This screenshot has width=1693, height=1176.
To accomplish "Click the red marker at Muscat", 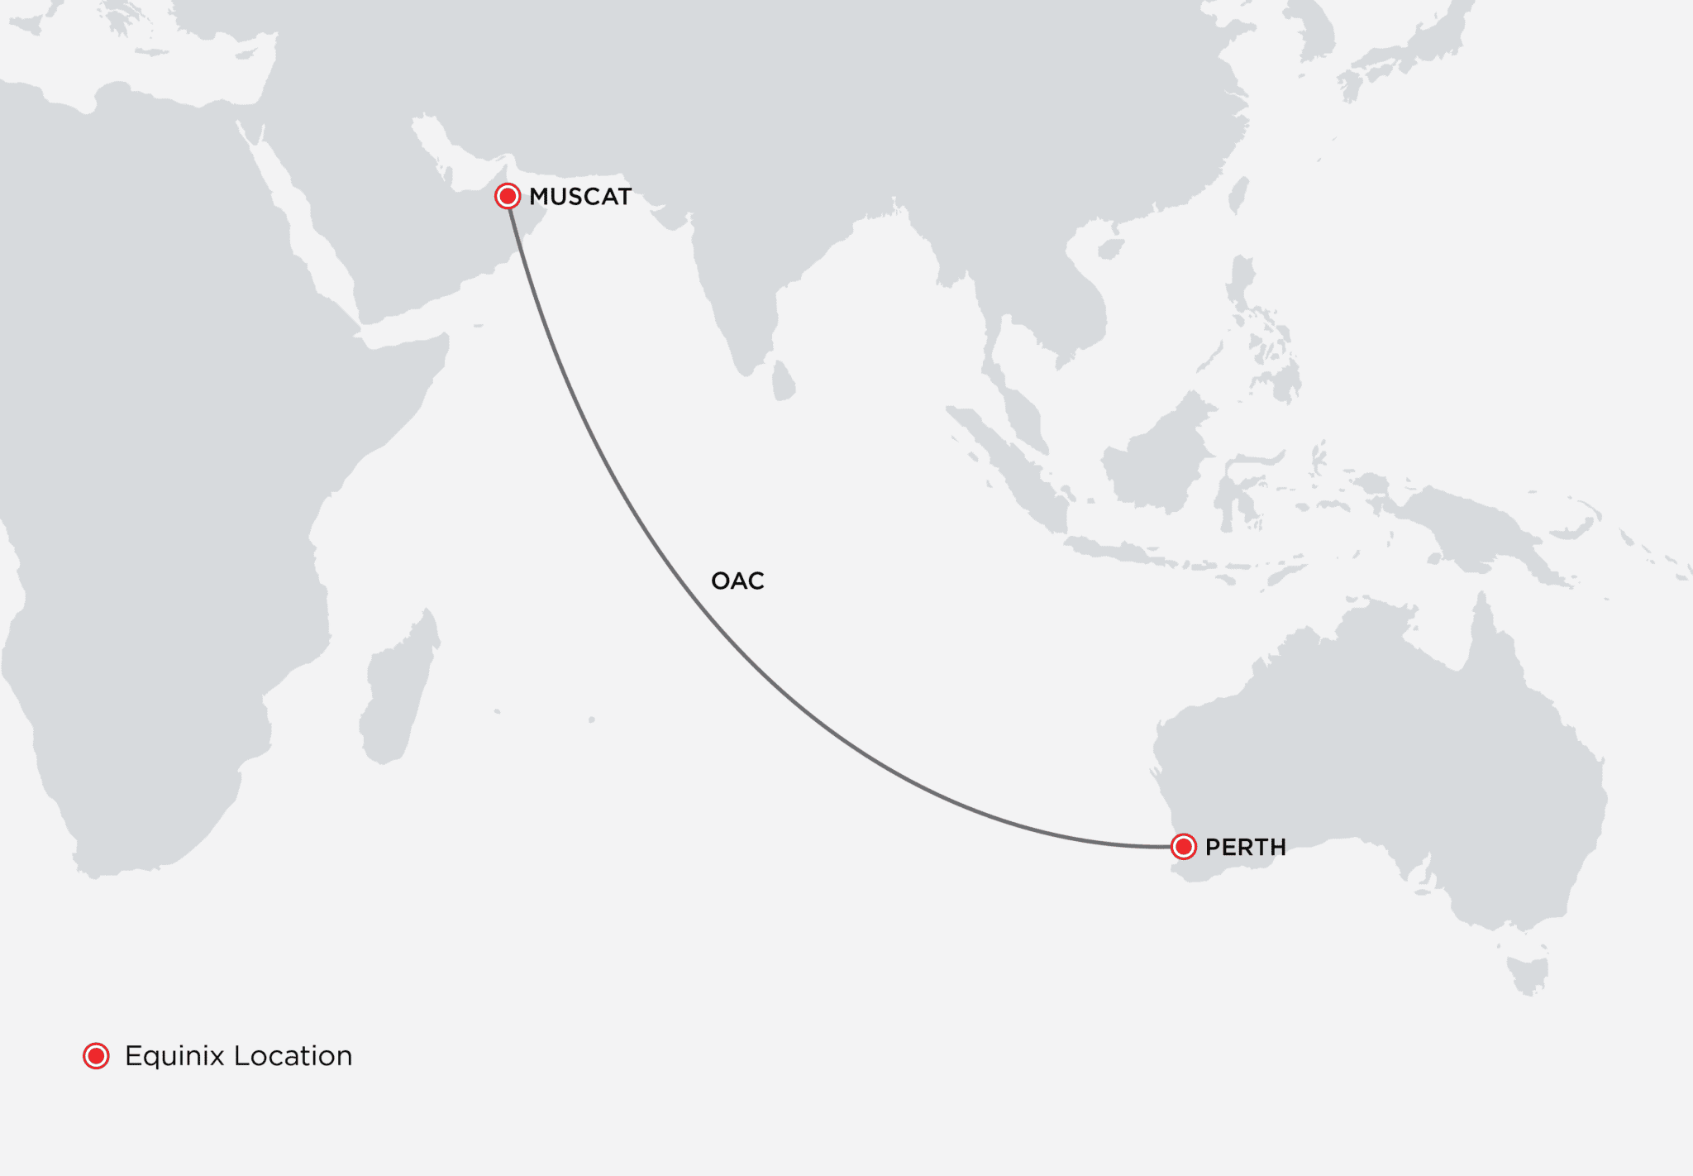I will tap(507, 196).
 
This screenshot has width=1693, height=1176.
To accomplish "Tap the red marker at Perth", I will tap(1184, 847).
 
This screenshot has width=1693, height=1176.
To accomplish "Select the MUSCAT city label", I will tap(580, 197).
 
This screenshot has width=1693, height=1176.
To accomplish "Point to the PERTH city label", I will tap(1245, 848).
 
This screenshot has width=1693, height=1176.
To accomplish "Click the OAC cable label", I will tap(737, 581).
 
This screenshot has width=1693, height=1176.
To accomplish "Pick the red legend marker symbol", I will tap(96, 1056).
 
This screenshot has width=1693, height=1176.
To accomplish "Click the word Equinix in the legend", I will tap(174, 1057).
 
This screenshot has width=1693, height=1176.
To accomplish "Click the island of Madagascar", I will tap(397, 695).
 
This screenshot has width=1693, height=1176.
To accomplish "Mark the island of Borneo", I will tap(1157, 463).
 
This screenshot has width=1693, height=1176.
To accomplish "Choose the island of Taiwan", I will tap(1238, 194).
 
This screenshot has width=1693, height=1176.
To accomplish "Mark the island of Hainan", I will tap(1111, 248).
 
